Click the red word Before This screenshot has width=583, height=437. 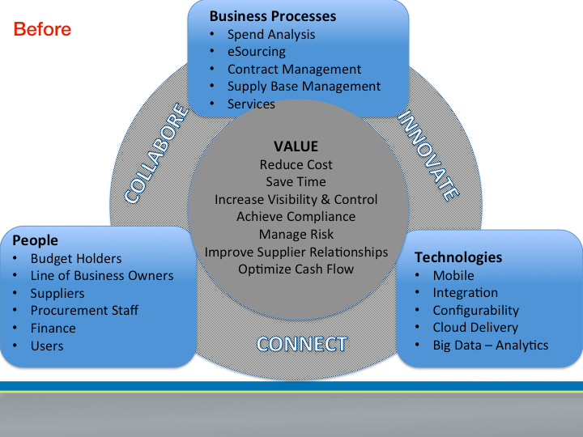(x=42, y=29)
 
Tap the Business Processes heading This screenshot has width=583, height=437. (x=273, y=16)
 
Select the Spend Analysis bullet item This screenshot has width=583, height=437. (x=271, y=35)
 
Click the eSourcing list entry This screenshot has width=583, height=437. (x=257, y=52)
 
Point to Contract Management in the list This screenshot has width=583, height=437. (x=294, y=69)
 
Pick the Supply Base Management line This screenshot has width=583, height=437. (x=304, y=87)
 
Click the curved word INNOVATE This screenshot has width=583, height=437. (x=428, y=155)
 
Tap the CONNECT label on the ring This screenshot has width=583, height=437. (x=302, y=344)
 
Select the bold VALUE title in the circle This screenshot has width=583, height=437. (x=296, y=146)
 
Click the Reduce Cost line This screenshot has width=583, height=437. (x=296, y=164)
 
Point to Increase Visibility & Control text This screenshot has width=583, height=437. (x=296, y=200)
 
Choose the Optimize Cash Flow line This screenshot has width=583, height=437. (x=296, y=269)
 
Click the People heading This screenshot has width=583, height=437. (x=36, y=240)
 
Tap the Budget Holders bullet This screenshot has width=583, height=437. (x=76, y=259)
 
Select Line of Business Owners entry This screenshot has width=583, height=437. (x=102, y=276)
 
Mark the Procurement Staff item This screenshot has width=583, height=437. (x=84, y=311)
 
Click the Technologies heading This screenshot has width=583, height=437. (x=458, y=257)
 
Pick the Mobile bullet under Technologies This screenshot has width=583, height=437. (x=453, y=276)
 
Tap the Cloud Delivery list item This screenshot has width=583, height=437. (x=475, y=328)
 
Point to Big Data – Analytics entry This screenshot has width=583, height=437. (x=491, y=346)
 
